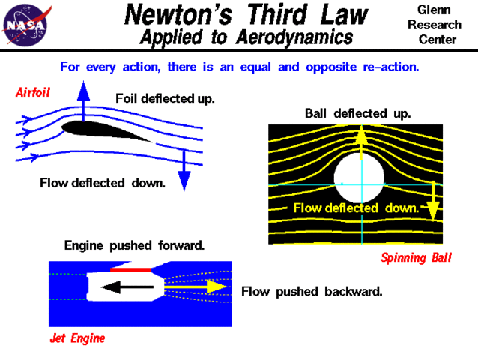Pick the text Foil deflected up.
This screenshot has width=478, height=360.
(165, 98)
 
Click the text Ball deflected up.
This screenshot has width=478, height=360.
(357, 113)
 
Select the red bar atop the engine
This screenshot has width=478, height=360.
(131, 268)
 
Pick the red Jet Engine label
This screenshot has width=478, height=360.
(77, 337)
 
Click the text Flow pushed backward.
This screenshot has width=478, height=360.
(311, 291)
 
